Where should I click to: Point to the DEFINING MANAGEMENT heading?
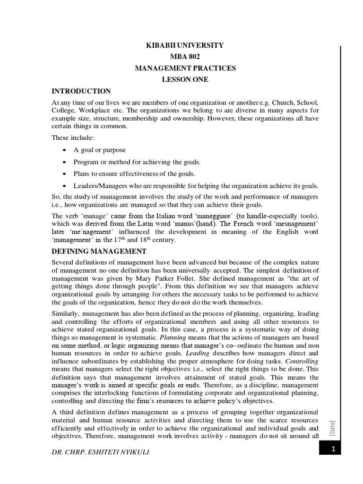[x=99, y=251]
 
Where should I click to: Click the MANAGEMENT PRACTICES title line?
[x=186, y=68]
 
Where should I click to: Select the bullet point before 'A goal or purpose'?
[x=64, y=150]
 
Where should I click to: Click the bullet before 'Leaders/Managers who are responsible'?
[x=64, y=185]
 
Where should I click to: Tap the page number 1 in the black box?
[x=333, y=451]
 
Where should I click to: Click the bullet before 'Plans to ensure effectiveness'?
[x=64, y=173]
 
